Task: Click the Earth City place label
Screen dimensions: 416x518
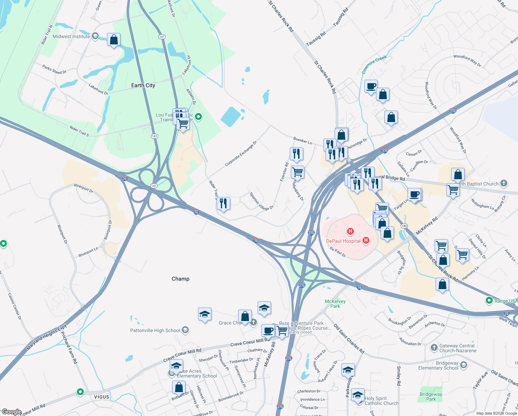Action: [x=143, y=85]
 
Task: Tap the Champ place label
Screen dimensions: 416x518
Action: [x=180, y=279]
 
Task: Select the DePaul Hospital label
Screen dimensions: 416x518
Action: [x=343, y=241]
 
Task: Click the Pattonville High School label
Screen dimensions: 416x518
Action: [x=155, y=330]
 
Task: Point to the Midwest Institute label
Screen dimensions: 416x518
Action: [x=71, y=36]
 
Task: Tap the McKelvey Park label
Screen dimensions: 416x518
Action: [x=335, y=304]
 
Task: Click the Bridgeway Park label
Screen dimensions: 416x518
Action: [x=431, y=397]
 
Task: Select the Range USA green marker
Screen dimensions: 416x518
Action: [x=489, y=301]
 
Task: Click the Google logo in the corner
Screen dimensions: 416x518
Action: [x=11, y=412]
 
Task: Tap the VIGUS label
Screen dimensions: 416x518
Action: [x=101, y=397]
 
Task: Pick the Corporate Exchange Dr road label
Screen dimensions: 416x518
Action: [x=241, y=154]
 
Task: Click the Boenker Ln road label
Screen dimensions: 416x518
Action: [x=303, y=140]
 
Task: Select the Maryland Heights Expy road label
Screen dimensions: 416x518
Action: [x=47, y=337]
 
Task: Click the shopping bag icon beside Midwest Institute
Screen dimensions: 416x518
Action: [x=114, y=40]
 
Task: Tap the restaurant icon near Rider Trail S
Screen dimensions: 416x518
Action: [x=223, y=203]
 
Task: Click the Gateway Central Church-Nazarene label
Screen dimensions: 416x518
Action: [x=458, y=348]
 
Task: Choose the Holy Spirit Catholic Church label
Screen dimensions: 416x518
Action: [x=381, y=401]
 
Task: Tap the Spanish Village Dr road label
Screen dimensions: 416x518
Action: [x=261, y=201]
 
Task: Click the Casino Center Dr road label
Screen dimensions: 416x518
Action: [x=15, y=306]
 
